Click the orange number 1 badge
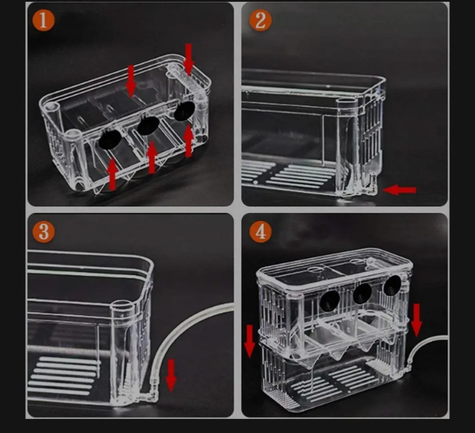point(43,20)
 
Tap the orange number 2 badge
point(260,20)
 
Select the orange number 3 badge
point(44,232)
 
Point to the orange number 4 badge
point(260,232)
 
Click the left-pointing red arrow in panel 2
point(399,190)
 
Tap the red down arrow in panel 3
point(171,375)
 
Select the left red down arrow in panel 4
point(250,341)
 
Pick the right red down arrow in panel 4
point(417,320)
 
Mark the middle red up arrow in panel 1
point(152,157)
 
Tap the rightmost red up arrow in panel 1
point(189,141)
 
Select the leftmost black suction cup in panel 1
point(110,139)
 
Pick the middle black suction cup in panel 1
point(148,125)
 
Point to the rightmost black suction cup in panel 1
point(184,110)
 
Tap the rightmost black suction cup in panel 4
point(392,286)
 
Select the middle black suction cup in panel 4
point(362,294)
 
